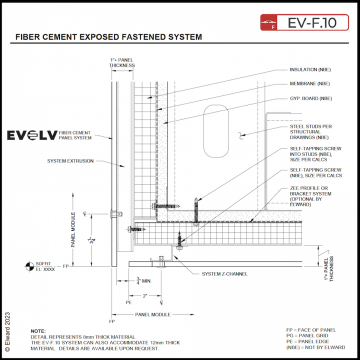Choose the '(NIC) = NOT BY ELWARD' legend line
(311, 347)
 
